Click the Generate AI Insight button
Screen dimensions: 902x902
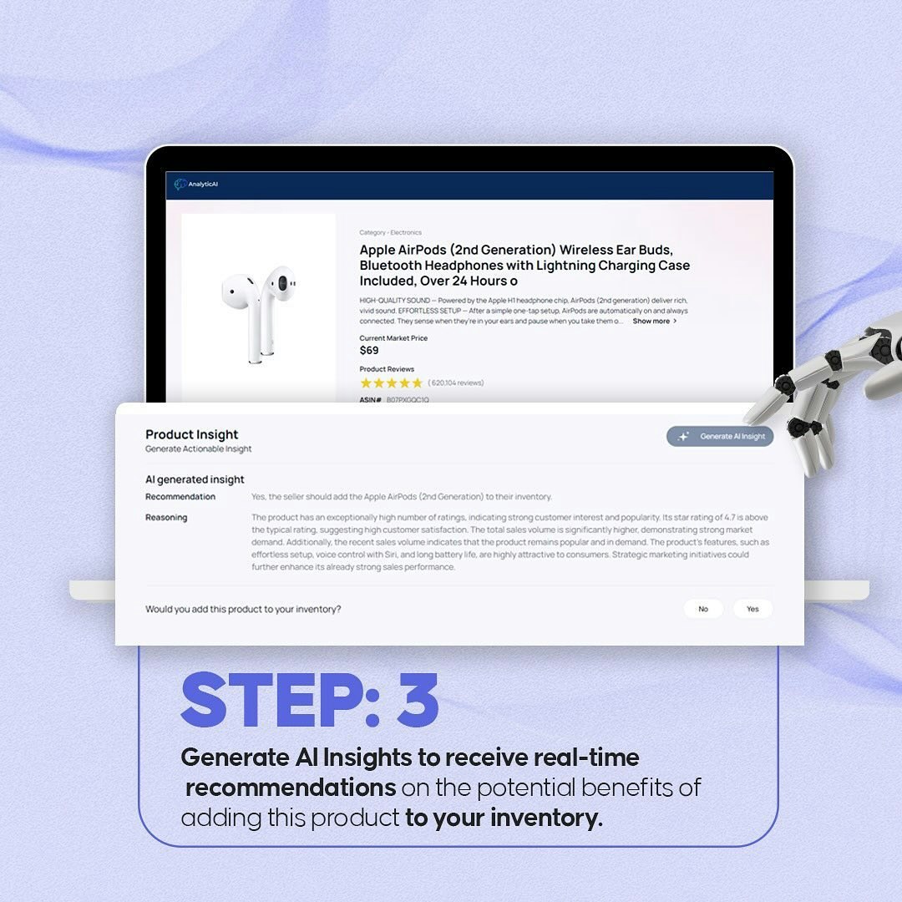[x=720, y=436]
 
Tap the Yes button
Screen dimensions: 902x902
[x=753, y=609]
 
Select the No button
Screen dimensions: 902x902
[x=702, y=609]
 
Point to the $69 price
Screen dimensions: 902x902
[x=369, y=351]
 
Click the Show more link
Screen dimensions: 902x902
[x=654, y=321]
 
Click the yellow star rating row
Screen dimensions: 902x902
[x=391, y=383]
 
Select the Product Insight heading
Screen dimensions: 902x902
[x=191, y=434]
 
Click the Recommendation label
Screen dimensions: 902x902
[x=180, y=497]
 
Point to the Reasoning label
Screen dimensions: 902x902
[x=166, y=518]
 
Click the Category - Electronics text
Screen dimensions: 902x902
[x=390, y=233]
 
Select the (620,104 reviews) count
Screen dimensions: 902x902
[x=456, y=383]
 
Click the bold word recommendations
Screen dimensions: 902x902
[x=291, y=788]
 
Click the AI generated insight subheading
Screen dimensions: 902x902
[x=195, y=479]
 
